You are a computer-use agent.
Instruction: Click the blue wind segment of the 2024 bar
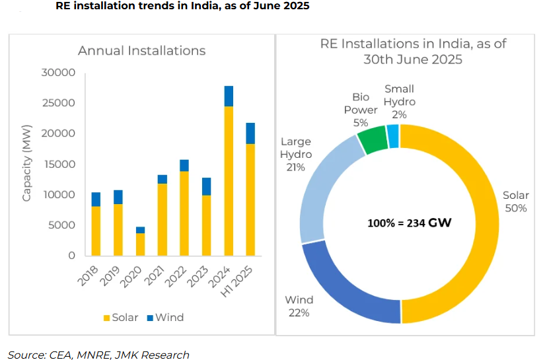pos(229,96)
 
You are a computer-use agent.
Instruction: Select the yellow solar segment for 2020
pos(140,244)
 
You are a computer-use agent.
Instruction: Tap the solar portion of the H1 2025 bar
pos(250,199)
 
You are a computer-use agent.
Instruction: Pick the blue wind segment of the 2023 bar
pos(207,186)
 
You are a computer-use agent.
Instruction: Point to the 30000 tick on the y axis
pos(57,73)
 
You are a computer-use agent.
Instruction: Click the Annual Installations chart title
pos(141,51)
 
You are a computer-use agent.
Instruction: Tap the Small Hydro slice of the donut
pos(393,135)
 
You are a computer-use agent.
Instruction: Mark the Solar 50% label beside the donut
pos(515,201)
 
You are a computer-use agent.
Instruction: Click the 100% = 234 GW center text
pos(410,223)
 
